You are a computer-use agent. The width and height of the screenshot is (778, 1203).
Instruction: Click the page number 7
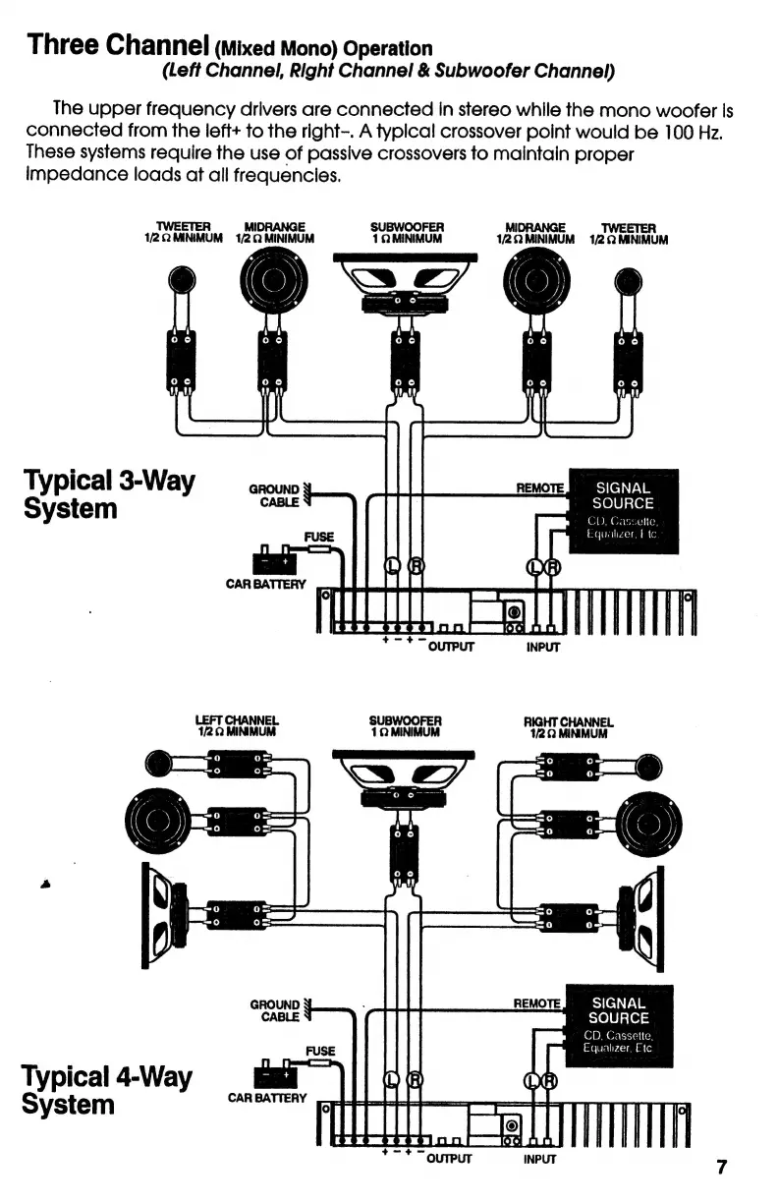click(x=721, y=1167)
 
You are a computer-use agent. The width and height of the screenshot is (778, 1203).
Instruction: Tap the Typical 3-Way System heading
click(x=109, y=495)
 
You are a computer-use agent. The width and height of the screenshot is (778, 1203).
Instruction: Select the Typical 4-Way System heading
click(x=107, y=1090)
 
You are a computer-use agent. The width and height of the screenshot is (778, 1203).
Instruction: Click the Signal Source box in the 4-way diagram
click(x=619, y=1026)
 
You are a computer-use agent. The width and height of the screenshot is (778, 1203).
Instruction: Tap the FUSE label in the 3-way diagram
click(x=318, y=537)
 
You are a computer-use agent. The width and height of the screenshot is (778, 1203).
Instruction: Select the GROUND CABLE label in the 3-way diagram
click(x=274, y=495)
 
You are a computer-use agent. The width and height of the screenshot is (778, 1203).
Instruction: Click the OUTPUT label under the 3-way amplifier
click(x=451, y=647)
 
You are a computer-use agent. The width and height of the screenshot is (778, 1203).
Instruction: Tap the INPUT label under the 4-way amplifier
click(x=539, y=1158)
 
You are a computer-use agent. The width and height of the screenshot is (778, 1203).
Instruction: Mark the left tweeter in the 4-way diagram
click(x=159, y=763)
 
